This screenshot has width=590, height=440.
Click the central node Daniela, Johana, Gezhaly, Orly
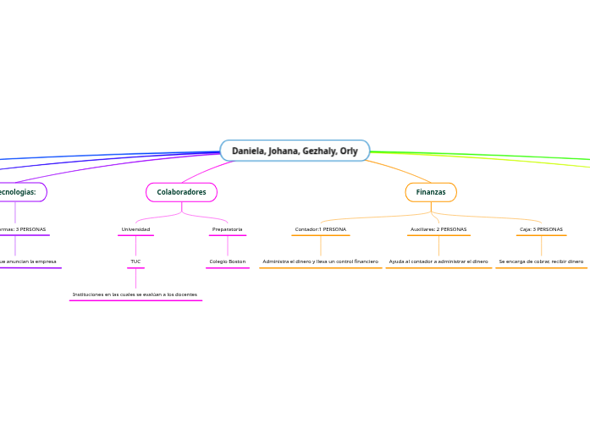(x=295, y=151)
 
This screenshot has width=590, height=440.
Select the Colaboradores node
(x=181, y=192)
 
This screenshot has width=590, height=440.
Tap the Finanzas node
(x=431, y=192)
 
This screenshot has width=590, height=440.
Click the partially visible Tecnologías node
(x=19, y=192)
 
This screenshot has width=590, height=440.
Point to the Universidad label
(x=135, y=229)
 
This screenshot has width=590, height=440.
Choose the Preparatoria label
(x=227, y=229)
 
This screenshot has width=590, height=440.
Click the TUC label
(x=135, y=261)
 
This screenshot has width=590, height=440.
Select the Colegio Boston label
(x=227, y=261)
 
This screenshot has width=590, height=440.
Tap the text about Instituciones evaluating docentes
(x=135, y=294)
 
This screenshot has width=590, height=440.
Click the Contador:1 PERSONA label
(x=320, y=229)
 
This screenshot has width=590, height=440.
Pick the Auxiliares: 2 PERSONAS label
(x=438, y=229)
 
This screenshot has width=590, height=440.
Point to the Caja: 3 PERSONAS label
(x=541, y=229)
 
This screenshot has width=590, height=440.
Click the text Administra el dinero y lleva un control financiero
(x=320, y=261)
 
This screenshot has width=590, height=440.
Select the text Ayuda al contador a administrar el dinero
(x=438, y=261)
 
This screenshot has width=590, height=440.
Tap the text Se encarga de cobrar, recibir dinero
(x=541, y=261)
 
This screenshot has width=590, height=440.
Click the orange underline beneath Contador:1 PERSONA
(x=320, y=236)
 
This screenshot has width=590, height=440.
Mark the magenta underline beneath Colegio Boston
(x=227, y=268)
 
